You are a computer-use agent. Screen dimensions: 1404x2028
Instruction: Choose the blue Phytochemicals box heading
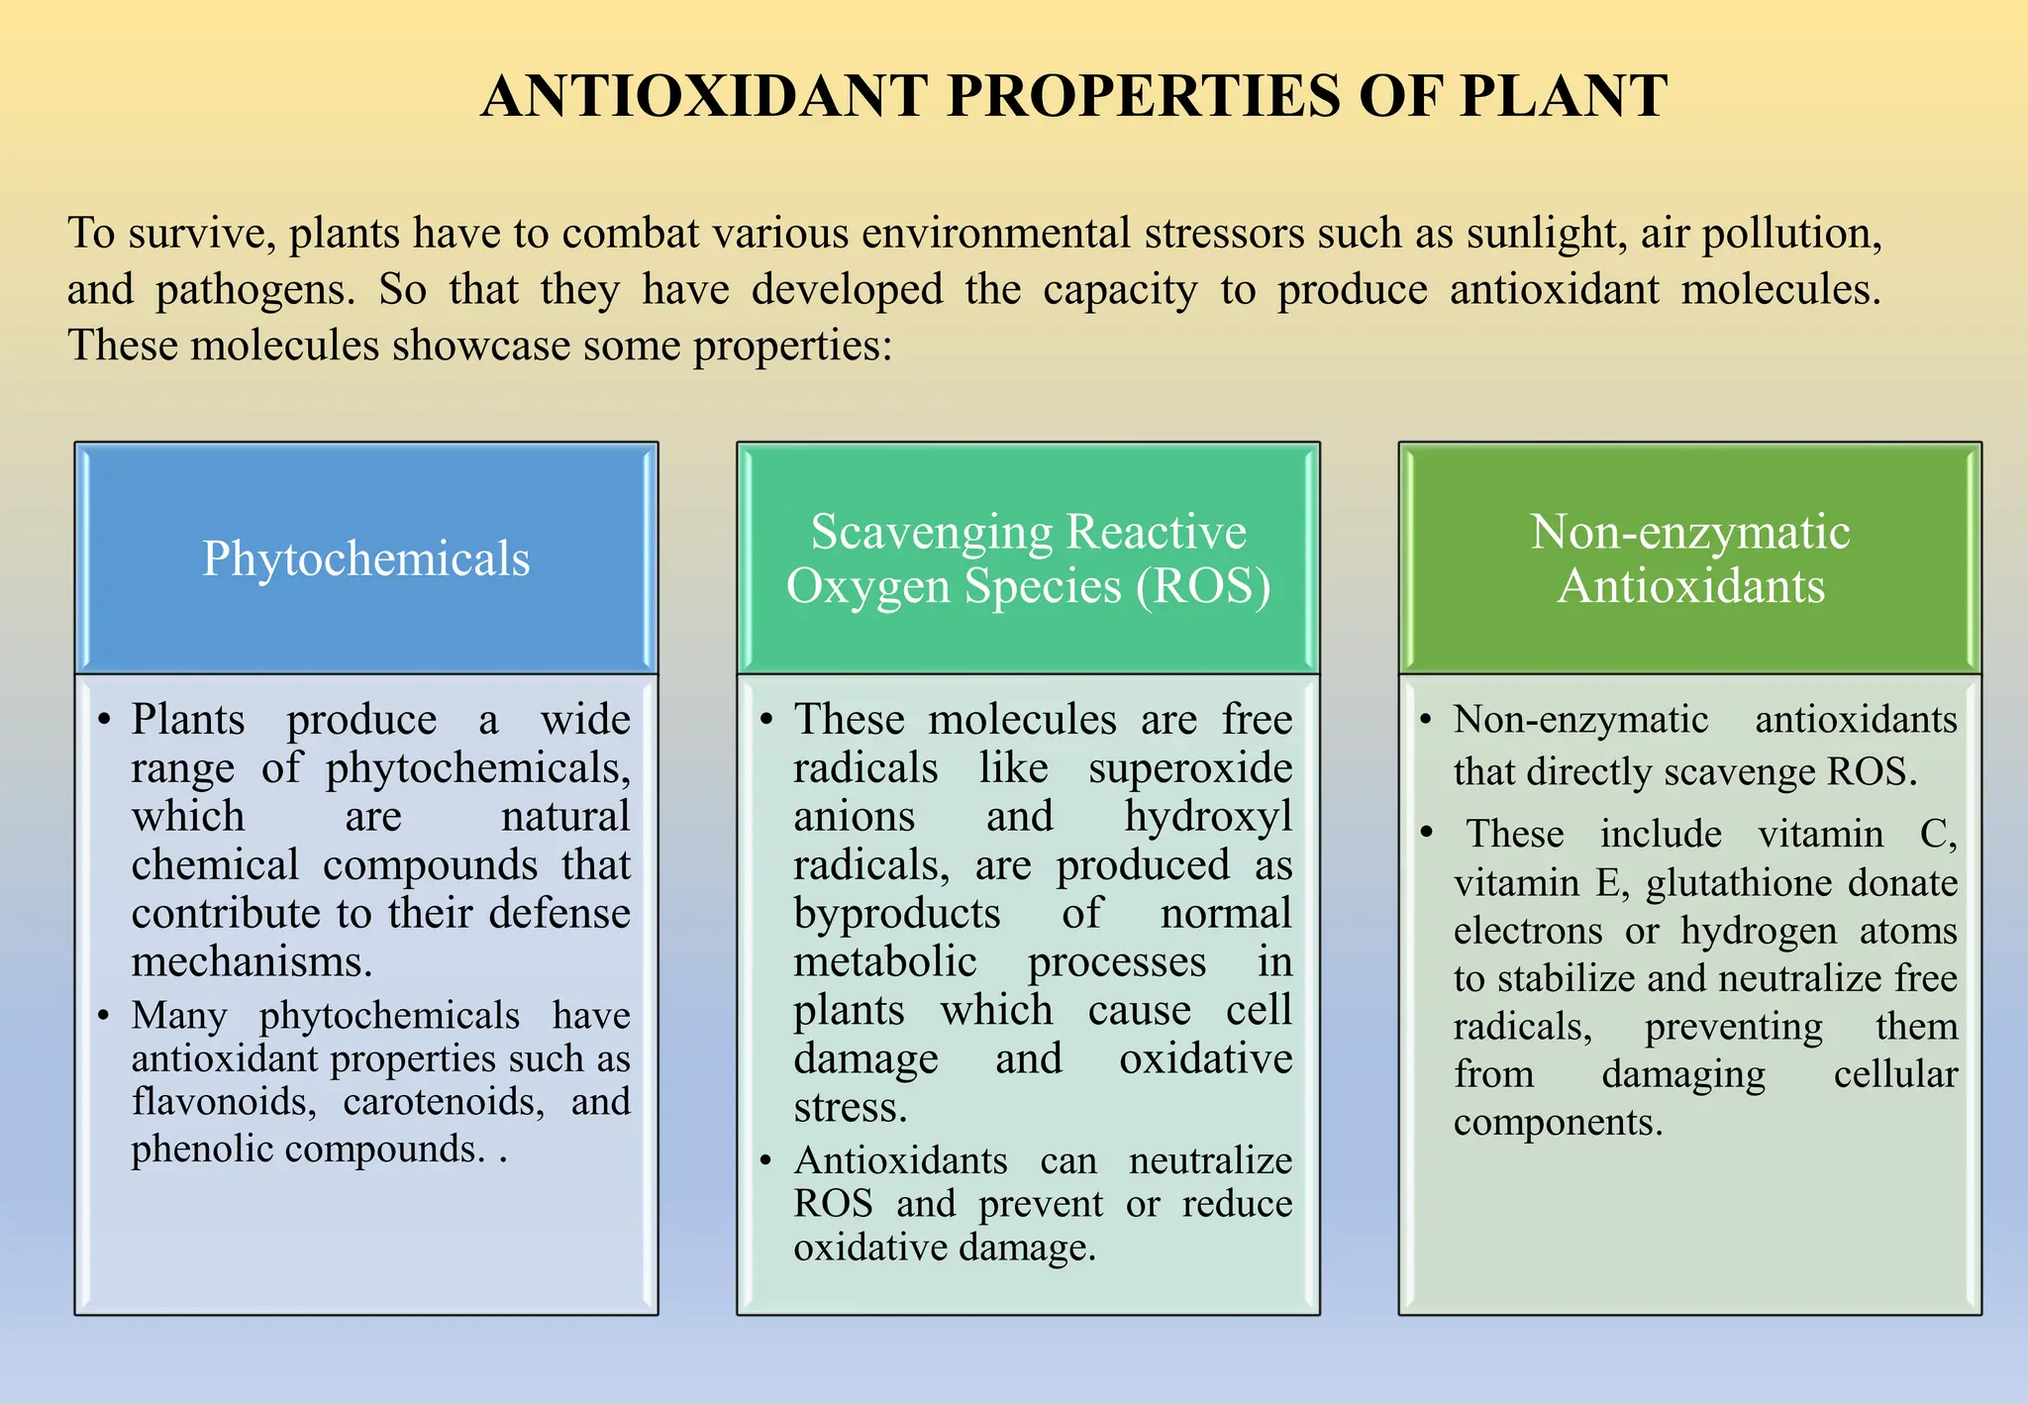[366, 558]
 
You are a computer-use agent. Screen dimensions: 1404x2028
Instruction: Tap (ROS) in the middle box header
[1203, 586]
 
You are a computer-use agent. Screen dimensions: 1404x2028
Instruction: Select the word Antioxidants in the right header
[1690, 586]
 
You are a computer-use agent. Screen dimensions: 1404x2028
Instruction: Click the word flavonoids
[224, 1101]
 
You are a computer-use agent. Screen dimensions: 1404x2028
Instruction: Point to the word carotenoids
[444, 1101]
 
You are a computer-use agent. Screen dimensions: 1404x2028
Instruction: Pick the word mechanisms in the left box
[252, 961]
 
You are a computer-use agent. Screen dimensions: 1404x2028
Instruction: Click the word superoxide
[1190, 768]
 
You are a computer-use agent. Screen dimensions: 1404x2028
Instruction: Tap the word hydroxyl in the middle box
[1208, 817]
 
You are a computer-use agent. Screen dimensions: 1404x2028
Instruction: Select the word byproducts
[897, 914]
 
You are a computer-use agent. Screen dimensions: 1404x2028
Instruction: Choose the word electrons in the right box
[1528, 931]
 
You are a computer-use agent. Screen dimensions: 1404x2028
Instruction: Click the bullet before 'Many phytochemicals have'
[103, 1016]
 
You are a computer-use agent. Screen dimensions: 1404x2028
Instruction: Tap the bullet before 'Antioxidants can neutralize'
[765, 1160]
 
